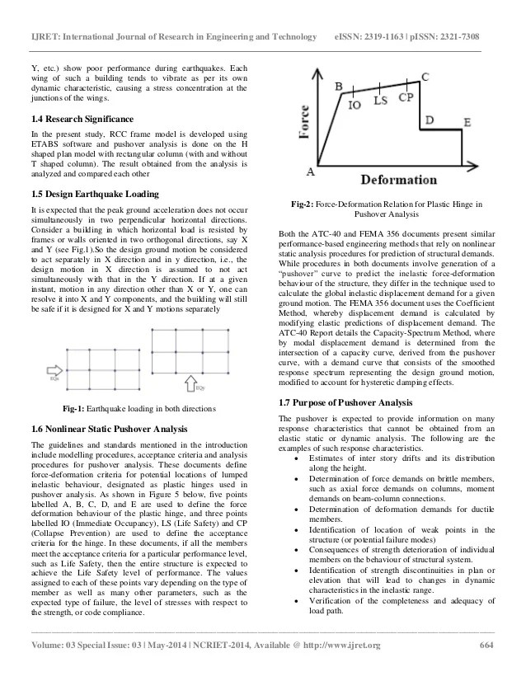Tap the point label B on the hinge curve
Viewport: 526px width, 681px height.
click(x=339, y=86)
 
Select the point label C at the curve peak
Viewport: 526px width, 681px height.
click(x=425, y=77)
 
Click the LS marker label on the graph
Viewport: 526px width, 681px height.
click(x=380, y=101)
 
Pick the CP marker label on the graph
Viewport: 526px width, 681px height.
click(x=406, y=97)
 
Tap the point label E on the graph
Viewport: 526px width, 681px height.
click(x=467, y=122)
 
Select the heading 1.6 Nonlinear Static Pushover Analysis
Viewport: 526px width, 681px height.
click(x=107, y=429)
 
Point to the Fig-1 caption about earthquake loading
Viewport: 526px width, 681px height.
click(x=139, y=409)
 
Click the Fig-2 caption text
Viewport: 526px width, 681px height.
click(x=387, y=208)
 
